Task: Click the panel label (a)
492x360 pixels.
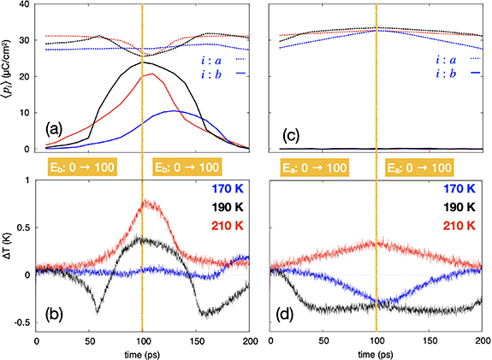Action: coord(52,130)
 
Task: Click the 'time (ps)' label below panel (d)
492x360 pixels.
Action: coord(376,352)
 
